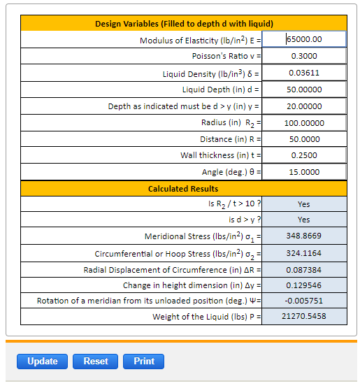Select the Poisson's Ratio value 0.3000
point(305,56)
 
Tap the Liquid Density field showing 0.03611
point(305,73)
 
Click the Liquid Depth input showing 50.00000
point(305,90)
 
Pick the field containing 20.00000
point(305,106)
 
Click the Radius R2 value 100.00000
point(305,122)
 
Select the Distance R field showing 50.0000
point(305,139)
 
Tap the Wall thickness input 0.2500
point(305,155)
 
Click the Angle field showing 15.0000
point(305,172)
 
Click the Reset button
point(96,362)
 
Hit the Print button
point(144,362)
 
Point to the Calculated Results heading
point(183,189)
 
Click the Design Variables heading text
point(183,24)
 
